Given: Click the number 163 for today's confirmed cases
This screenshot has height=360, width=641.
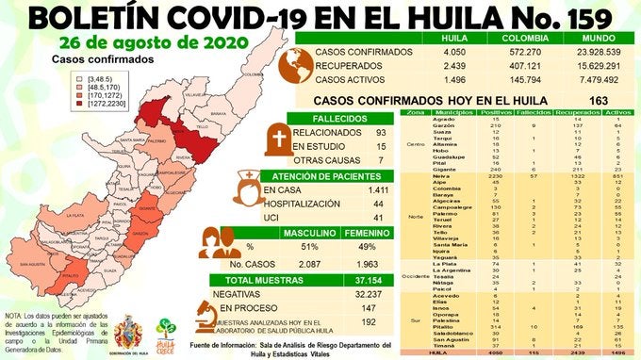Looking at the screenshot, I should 598,99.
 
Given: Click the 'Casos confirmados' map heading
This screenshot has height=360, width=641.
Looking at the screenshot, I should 89,58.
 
